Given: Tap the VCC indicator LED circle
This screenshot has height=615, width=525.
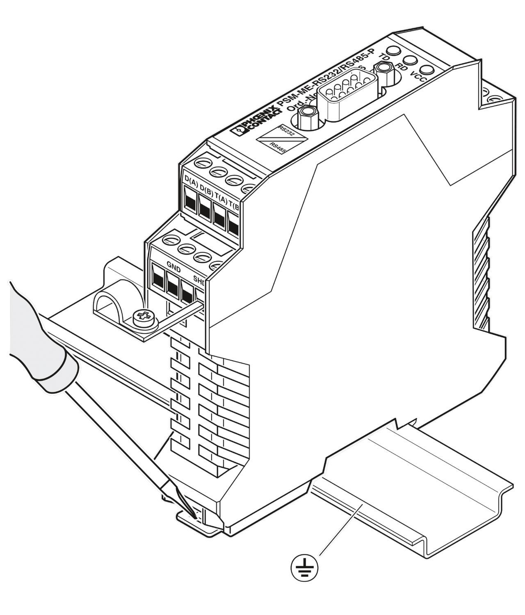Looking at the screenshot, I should coord(427,70).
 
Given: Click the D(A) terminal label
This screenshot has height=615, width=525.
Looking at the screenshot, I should coord(192,180).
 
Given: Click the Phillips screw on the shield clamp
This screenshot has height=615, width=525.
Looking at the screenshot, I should coord(144,317).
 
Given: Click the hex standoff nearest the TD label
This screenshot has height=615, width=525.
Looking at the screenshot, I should coord(384,71).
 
